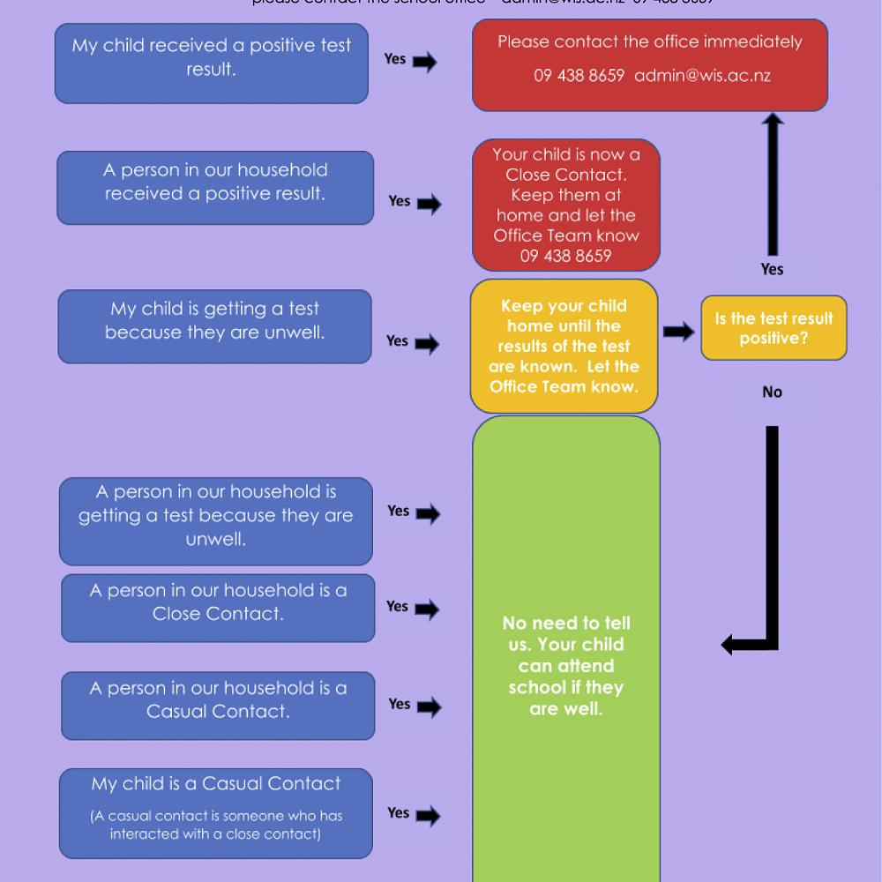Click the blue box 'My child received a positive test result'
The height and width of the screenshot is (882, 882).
point(211,64)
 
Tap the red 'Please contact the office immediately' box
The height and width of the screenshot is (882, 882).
point(650,65)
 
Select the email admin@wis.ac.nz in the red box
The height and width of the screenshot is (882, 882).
point(702,76)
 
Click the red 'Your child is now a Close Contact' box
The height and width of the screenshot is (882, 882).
point(565,205)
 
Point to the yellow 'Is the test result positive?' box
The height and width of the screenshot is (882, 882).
point(774,328)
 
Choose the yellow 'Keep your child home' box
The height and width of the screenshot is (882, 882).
point(564,346)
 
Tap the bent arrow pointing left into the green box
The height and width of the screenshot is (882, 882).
point(757,617)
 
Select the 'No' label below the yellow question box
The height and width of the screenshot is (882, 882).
point(772,392)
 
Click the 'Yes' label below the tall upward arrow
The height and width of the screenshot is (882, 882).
point(772,269)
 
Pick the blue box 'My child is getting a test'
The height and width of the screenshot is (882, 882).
point(214,326)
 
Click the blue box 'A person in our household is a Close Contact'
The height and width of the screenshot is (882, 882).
point(218,608)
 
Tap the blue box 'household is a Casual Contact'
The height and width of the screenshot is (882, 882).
point(218,705)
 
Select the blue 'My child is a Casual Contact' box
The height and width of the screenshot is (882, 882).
point(216,812)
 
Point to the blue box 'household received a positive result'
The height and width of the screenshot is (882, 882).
point(215,187)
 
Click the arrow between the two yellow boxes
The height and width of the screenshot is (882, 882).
point(678,332)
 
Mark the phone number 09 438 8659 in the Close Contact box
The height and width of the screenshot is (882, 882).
point(565,256)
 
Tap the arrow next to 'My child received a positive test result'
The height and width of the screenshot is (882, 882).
point(424,62)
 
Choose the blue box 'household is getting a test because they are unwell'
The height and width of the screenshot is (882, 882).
point(215,520)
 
